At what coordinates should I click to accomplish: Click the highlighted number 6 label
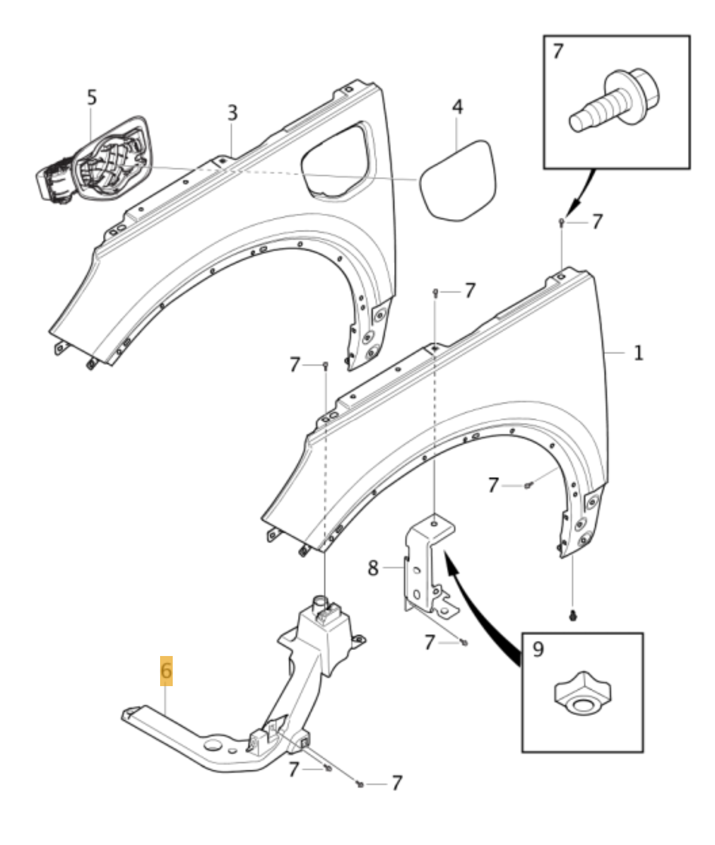166,670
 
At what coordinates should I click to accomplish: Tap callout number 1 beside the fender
639,352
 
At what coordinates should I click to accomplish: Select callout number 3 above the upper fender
232,113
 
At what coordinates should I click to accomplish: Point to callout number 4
457,107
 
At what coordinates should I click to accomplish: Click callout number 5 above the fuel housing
91,97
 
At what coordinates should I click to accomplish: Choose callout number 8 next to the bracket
373,567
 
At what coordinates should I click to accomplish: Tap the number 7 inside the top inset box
558,52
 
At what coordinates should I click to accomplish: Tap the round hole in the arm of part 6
212,746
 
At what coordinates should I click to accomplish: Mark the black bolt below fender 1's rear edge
572,615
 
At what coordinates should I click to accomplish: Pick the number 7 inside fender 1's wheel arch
494,485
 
